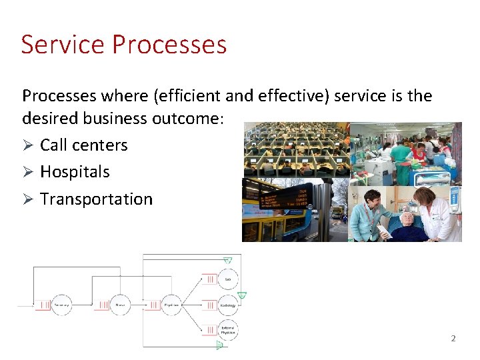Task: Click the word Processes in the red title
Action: [x=169, y=45]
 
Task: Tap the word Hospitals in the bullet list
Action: [x=75, y=172]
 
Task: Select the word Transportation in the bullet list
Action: [x=96, y=199]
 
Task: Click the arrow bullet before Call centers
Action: [x=28, y=145]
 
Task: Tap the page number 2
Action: [x=453, y=339]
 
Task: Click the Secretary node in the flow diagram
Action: [x=61, y=305]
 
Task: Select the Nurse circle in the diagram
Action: [x=121, y=305]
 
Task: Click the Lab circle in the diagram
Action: [x=228, y=279]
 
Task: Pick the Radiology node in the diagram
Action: [x=227, y=305]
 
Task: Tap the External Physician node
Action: [x=227, y=330]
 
